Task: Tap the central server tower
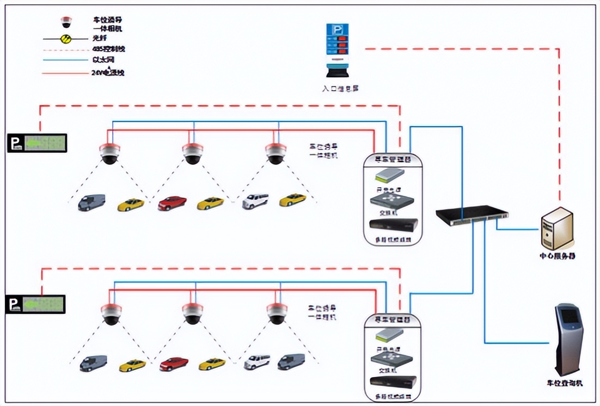(x=556, y=228)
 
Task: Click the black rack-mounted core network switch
(x=472, y=216)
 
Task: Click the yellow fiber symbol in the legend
(x=66, y=39)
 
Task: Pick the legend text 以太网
(x=103, y=60)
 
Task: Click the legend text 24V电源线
(x=107, y=72)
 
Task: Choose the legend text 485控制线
(x=106, y=49)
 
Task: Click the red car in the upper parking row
(x=173, y=203)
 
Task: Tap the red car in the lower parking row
(x=174, y=364)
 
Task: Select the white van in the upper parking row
(x=255, y=201)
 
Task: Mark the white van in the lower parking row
(x=257, y=362)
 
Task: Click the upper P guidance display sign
(x=37, y=143)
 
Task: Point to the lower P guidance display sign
(x=35, y=304)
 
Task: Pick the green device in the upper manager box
(x=390, y=175)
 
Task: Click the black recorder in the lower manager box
(x=393, y=382)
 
